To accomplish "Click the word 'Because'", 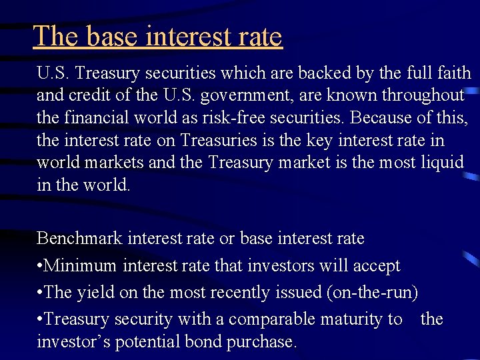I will coord(379,118).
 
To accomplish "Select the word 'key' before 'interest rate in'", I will coord(319,141).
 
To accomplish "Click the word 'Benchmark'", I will coord(79,238).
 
